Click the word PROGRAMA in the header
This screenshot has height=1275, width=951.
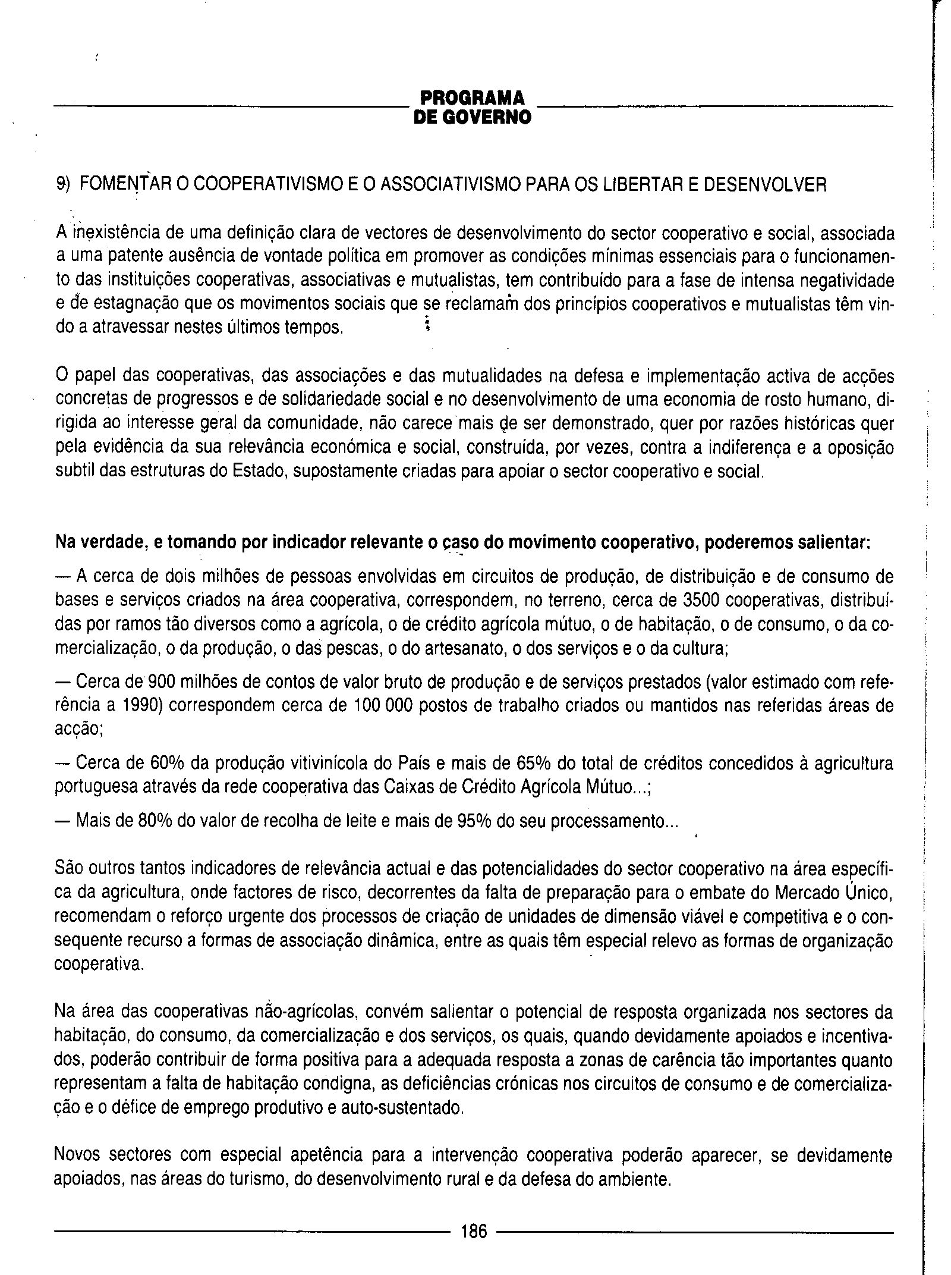(x=473, y=98)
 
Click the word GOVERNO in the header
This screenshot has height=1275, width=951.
(x=490, y=117)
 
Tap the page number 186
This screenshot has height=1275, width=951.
(x=473, y=1231)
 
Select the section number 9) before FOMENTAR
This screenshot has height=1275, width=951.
(x=62, y=185)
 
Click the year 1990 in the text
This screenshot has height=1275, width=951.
(x=141, y=705)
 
